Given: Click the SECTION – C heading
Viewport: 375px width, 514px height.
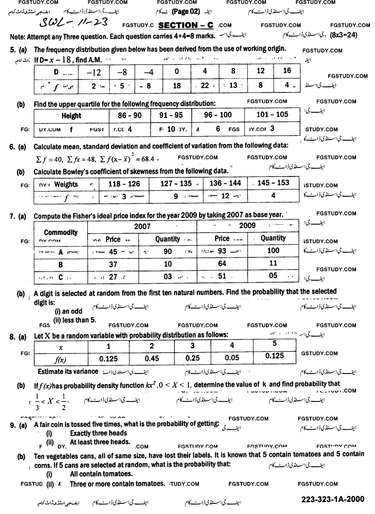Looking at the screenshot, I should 186,25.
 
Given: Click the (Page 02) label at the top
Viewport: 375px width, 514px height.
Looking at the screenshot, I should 186,12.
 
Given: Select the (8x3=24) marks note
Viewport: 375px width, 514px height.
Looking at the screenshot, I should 343,35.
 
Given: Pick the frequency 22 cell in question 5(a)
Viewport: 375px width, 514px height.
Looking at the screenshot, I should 205,86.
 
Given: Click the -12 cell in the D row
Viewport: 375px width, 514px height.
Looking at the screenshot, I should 94,72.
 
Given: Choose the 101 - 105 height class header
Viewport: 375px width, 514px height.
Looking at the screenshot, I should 272,115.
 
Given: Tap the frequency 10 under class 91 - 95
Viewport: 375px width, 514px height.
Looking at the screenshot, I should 171,129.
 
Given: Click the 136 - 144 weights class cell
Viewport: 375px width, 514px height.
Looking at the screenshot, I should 225,183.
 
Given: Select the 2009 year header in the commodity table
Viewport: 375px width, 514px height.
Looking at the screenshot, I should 247,226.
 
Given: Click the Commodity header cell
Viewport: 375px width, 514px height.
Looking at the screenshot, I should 61,232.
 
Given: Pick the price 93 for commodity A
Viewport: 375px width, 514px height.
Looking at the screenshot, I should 222,251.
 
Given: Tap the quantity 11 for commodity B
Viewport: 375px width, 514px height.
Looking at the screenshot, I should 273,263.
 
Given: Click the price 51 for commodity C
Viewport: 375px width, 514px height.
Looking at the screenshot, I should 222,276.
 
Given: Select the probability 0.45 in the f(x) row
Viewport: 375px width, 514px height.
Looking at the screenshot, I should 151,358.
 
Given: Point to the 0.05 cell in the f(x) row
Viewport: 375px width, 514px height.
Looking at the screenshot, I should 232,358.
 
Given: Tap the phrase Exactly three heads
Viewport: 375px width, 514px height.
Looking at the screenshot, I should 98,433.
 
